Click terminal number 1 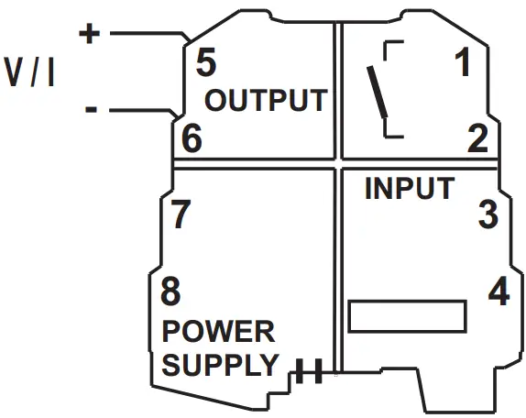[x=464, y=64]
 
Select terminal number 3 [x=488, y=214]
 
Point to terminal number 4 [x=499, y=292]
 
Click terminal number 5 [x=206, y=64]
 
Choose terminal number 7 [x=181, y=214]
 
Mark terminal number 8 [x=171, y=293]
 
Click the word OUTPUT [x=266, y=100]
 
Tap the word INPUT [x=409, y=189]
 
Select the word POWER [x=218, y=331]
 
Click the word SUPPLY [x=219, y=364]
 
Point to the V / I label [x=31, y=72]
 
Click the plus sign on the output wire [x=89, y=34]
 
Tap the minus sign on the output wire [x=91, y=109]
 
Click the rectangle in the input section [x=408, y=316]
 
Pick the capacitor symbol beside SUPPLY [x=306, y=373]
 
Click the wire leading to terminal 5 [x=147, y=35]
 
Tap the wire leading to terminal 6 [x=137, y=111]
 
